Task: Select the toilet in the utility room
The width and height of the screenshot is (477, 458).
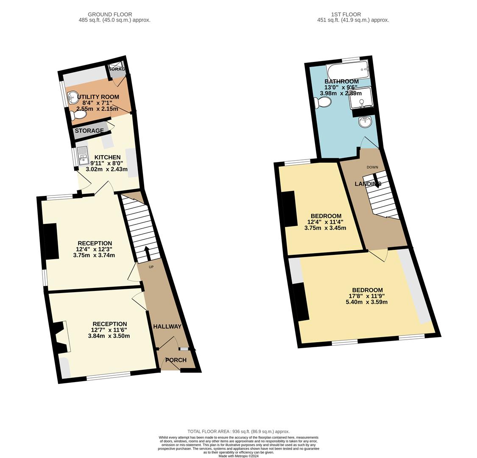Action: pyautogui.click(x=79, y=114)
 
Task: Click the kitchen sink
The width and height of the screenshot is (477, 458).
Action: pyautogui.click(x=83, y=156)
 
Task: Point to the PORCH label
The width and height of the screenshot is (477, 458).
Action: pyautogui.click(x=176, y=360)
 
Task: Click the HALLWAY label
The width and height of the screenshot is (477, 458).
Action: pyautogui.click(x=167, y=327)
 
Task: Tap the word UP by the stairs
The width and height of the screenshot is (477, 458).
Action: pyautogui.click(x=151, y=267)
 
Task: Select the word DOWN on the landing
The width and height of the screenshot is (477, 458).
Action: pyautogui.click(x=372, y=167)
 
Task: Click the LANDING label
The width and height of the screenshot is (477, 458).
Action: pyautogui.click(x=368, y=184)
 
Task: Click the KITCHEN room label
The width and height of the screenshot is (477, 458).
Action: pyautogui.click(x=107, y=157)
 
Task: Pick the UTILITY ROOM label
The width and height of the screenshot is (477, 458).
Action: pyautogui.click(x=98, y=97)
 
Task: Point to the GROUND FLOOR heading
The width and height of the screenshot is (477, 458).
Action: pyautogui.click(x=110, y=14)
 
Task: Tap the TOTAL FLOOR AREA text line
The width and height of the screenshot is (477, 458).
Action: pyautogui.click(x=238, y=432)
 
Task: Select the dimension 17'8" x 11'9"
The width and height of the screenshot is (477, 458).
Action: pyautogui.click(x=366, y=296)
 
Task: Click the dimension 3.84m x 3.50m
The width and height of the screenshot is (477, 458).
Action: pyautogui.click(x=109, y=336)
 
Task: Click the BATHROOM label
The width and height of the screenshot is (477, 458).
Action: pyautogui.click(x=341, y=81)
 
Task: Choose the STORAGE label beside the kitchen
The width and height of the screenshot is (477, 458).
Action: pyautogui.click(x=89, y=131)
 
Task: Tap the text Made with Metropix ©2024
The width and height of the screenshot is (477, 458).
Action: pyautogui.click(x=238, y=456)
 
